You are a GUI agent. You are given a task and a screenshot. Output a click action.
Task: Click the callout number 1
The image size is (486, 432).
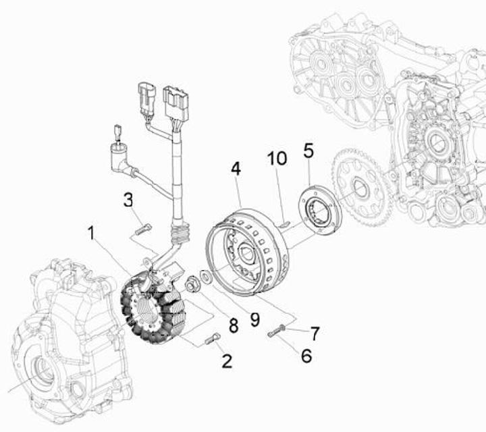pyautogui.click(x=91, y=233)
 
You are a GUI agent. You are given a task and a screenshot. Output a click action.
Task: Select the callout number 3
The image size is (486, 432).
pyautogui.click(x=128, y=200)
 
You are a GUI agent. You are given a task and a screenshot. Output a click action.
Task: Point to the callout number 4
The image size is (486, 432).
pyautogui.click(x=236, y=169)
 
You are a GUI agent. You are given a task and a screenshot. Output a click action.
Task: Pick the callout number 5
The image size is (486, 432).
pyautogui.click(x=308, y=151)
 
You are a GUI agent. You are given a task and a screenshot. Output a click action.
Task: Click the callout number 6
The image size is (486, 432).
pyautogui.click(x=306, y=356)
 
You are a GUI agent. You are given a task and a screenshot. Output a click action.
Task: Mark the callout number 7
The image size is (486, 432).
pyautogui.click(x=315, y=333)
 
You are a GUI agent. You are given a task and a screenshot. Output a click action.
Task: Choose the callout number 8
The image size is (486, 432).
pyautogui.click(x=233, y=326)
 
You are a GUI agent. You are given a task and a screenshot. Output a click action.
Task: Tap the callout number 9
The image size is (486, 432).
pyautogui.click(x=254, y=319)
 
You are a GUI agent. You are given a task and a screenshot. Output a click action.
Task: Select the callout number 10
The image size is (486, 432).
pyautogui.click(x=277, y=159)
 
